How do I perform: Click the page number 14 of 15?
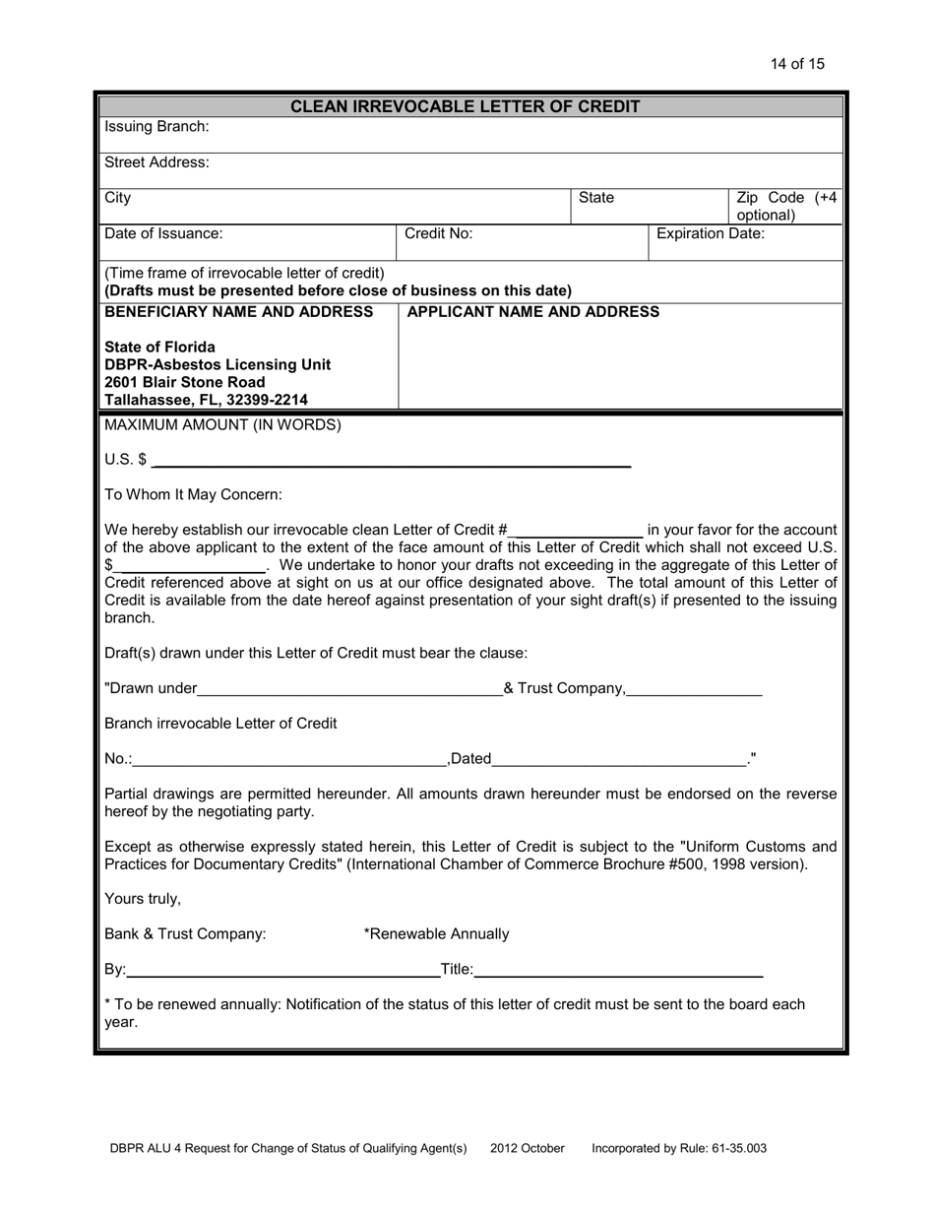(x=797, y=64)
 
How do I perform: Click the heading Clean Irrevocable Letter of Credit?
(x=466, y=106)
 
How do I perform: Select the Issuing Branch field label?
(x=156, y=127)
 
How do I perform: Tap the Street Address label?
(x=156, y=162)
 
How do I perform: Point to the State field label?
(x=595, y=198)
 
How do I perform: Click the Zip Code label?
(x=786, y=206)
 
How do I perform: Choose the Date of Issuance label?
(x=163, y=233)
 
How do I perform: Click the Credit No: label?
(x=438, y=233)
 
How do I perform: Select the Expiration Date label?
(x=710, y=233)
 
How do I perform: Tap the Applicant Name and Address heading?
(x=532, y=312)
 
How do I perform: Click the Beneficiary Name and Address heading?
(x=239, y=312)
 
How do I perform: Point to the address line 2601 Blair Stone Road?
(x=185, y=382)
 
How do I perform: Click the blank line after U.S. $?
(x=391, y=461)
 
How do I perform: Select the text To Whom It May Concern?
(x=193, y=494)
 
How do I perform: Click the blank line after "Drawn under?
(x=349, y=689)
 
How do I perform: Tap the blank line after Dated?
(x=619, y=759)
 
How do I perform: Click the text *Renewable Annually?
(x=436, y=933)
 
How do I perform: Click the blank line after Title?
(x=618, y=971)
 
